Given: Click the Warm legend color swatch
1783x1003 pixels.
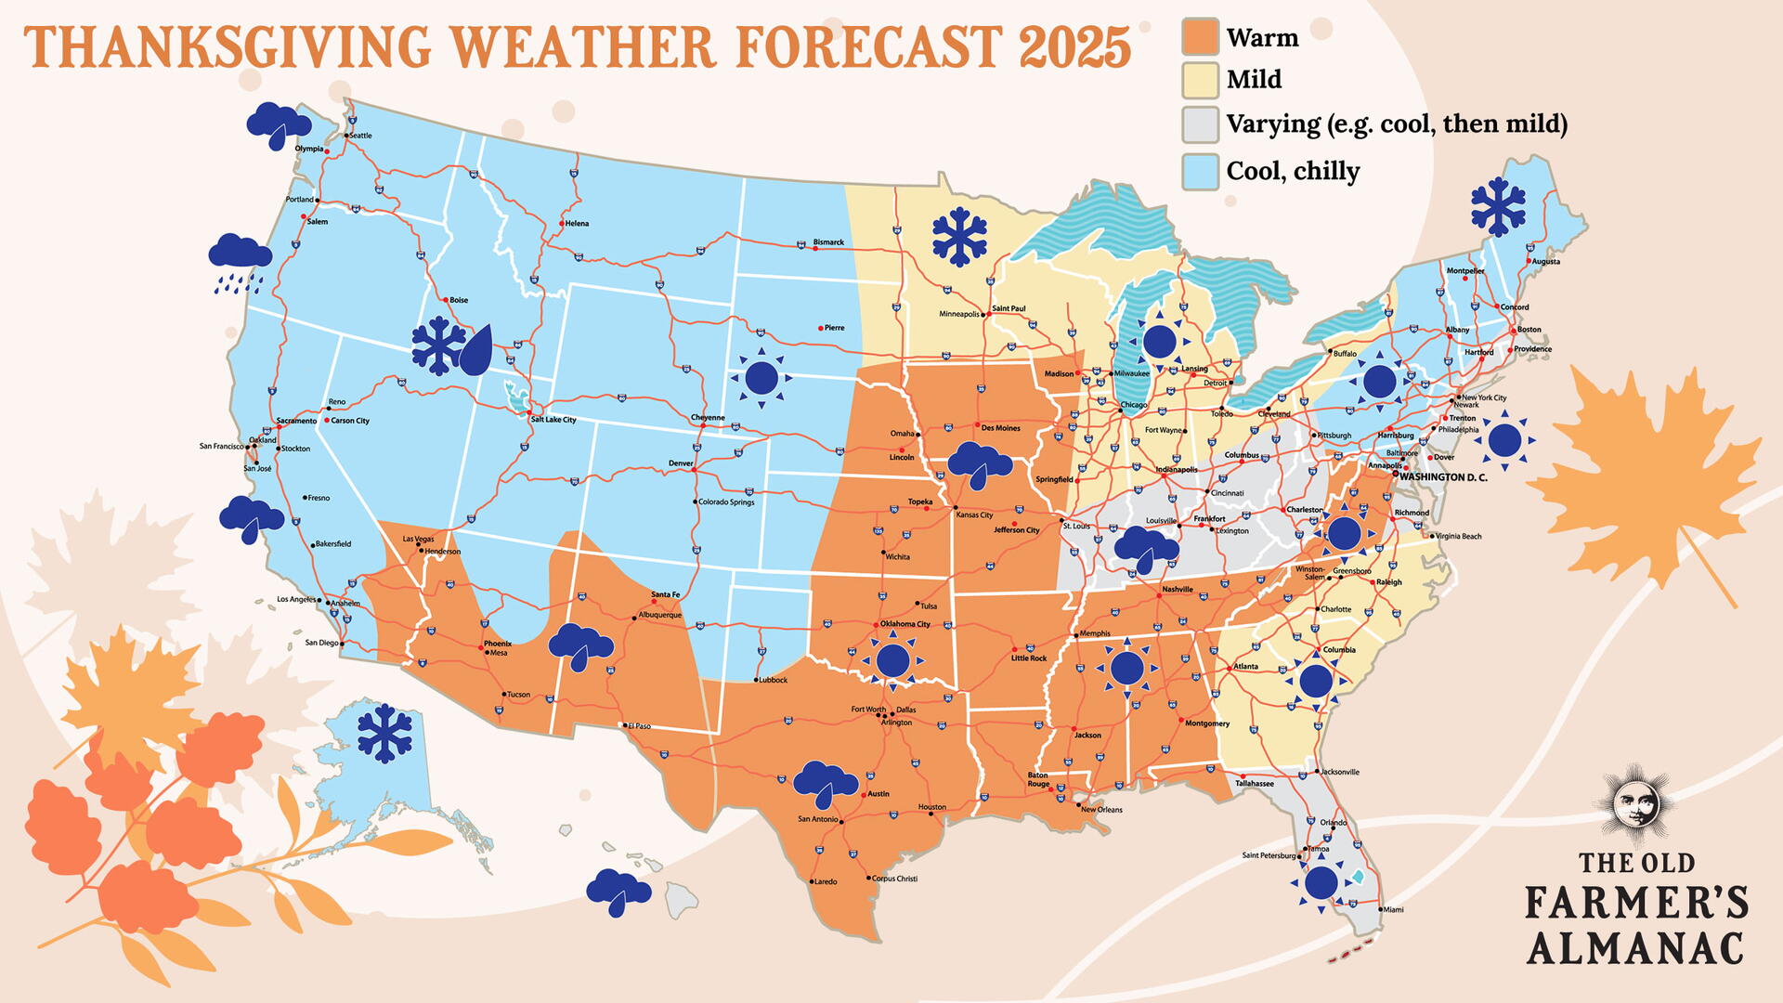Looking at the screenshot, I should coord(1200,37).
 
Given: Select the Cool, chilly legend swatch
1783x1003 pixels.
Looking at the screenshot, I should coord(1200,172).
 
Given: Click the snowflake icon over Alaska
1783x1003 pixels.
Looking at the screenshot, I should coord(384,734).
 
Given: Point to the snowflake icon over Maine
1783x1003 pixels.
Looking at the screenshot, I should coord(1498,206).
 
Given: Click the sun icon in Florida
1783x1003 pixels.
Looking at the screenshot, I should coord(1321,882).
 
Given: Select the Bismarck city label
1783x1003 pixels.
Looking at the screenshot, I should coord(828,242).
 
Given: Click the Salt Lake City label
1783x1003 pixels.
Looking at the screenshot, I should coord(553,420).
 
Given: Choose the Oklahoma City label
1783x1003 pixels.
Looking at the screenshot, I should coord(905,624).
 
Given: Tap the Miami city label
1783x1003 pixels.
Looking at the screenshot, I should coord(1393,909).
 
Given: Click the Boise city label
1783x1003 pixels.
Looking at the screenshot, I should coord(459,300).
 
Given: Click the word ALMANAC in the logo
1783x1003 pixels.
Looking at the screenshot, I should coord(1635,949).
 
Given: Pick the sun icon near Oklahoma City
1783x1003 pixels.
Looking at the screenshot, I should coord(892,660).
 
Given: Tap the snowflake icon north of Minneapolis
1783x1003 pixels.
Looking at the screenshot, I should coord(959,238).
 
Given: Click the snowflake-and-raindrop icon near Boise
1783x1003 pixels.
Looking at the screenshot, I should coord(452,346).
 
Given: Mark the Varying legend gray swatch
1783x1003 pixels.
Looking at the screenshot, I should coord(1200,124).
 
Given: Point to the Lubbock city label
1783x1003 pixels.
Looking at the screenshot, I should coord(773,680).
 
